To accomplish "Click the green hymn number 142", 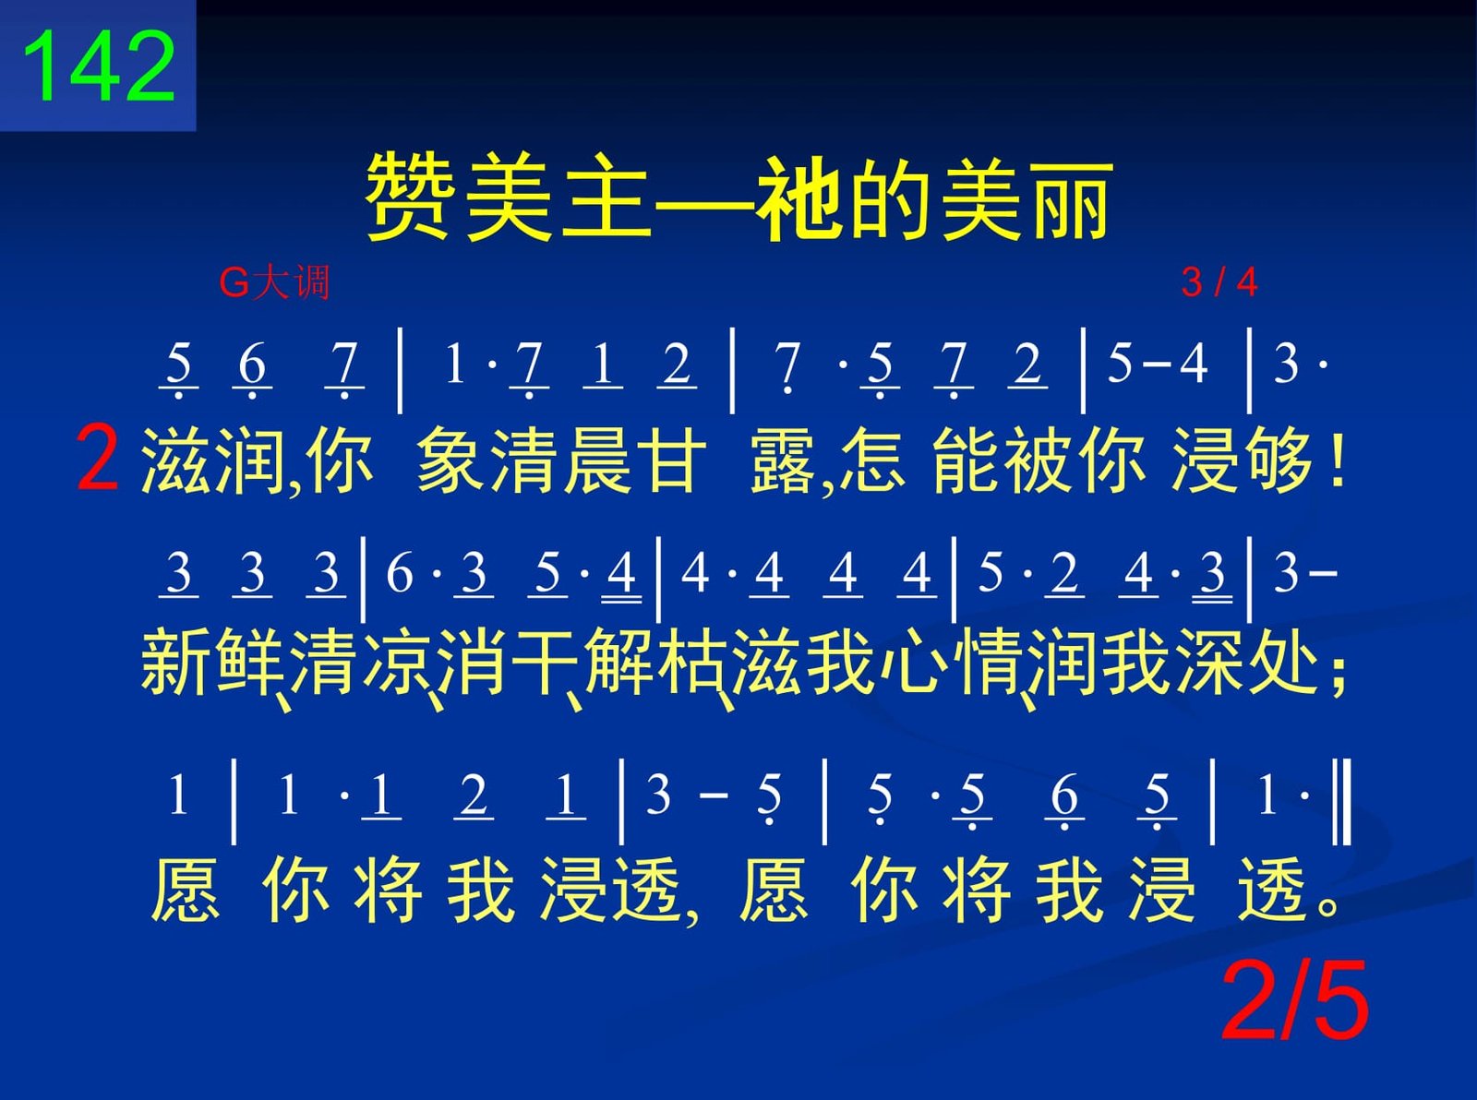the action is [x=99, y=66].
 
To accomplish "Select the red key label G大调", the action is [x=274, y=282].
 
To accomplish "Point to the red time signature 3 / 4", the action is [x=1219, y=282].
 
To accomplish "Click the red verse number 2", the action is [x=97, y=459].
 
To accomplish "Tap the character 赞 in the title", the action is [x=408, y=196].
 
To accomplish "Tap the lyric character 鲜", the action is [x=249, y=661].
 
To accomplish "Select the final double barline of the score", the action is [x=1343, y=802].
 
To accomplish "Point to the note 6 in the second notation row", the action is [x=400, y=572].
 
